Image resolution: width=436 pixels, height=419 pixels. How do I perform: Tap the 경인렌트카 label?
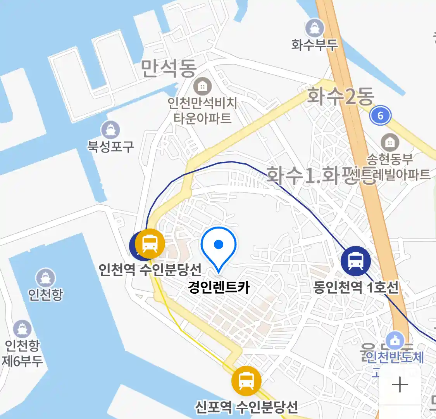tap(219, 287)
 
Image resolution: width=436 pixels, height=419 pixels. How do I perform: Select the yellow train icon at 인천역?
tap(150, 244)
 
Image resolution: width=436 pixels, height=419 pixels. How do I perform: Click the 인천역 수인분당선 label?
tap(150, 268)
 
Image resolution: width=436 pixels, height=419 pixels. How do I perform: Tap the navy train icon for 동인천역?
tap(355, 261)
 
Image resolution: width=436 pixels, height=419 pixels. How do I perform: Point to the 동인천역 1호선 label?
tap(355, 287)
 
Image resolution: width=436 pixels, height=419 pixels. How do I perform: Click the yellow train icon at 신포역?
tap(246, 381)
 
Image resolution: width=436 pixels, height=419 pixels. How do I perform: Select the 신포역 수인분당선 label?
tap(246, 406)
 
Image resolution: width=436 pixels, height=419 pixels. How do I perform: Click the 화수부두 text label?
tap(314, 45)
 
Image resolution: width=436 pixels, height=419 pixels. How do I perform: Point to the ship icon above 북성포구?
tap(110, 130)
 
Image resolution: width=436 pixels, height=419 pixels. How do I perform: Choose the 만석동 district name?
tap(168, 68)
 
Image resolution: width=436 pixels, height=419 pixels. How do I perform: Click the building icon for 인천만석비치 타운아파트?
tap(202, 87)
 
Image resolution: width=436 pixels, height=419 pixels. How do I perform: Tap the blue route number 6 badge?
tap(380, 115)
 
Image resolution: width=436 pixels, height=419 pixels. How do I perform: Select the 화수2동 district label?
tap(340, 96)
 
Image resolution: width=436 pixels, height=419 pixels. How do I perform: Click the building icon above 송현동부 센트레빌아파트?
tap(390, 143)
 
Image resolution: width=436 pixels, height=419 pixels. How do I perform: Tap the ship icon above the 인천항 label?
tap(46, 278)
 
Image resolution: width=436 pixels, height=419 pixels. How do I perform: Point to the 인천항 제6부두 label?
tap(22, 353)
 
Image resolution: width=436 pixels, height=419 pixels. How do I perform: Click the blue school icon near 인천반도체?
tap(395, 341)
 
